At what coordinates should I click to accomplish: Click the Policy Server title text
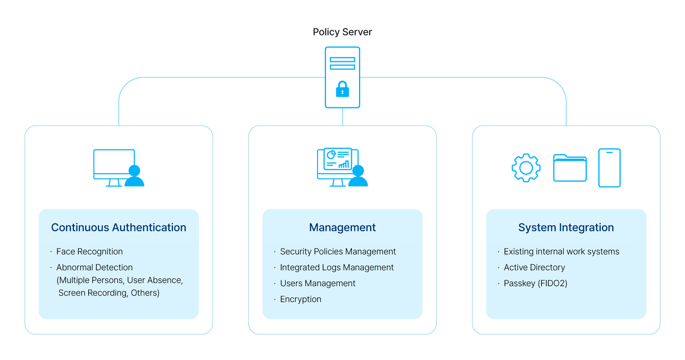tap(342, 32)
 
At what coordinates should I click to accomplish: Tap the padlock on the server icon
tap(342, 89)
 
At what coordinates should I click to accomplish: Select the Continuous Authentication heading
tap(118, 227)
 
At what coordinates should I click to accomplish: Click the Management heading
tap(342, 227)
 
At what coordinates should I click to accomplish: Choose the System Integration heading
tap(566, 227)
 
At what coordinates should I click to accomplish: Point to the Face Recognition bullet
tap(89, 252)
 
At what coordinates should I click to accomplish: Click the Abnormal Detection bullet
tap(94, 267)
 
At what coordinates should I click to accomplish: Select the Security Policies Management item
tap(338, 252)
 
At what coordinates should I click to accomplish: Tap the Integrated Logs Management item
tap(337, 267)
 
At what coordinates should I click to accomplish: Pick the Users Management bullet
tap(318, 283)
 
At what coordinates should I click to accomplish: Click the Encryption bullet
tap(301, 299)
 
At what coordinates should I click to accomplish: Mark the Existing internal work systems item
tap(561, 252)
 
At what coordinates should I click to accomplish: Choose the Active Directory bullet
tap(534, 267)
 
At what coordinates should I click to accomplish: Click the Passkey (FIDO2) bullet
tap(536, 283)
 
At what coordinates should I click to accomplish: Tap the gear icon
tap(526, 168)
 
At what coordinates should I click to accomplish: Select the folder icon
tap(570, 168)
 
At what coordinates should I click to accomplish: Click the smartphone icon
tap(609, 168)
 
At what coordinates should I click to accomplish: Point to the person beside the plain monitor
tap(134, 176)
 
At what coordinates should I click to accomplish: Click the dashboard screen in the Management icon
tap(338, 159)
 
